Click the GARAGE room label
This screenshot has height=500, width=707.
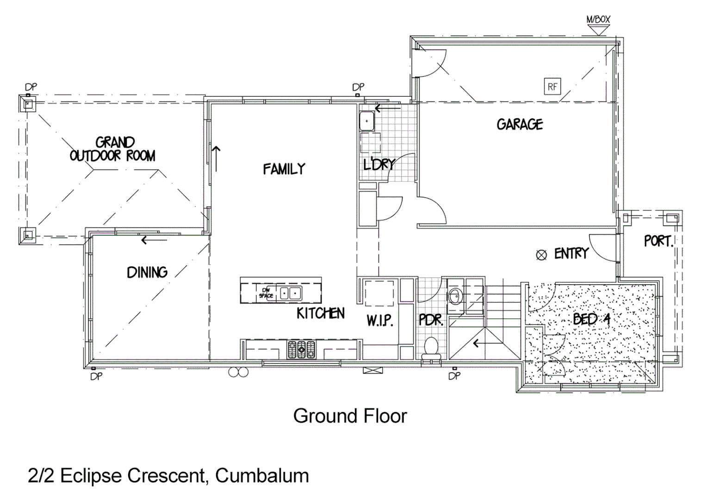(x=520, y=124)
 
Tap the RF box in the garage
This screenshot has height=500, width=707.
(x=552, y=87)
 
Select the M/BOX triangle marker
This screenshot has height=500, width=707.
(x=598, y=30)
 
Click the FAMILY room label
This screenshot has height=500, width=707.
(x=284, y=169)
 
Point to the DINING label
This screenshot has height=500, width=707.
(x=147, y=272)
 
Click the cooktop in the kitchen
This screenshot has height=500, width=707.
(x=301, y=350)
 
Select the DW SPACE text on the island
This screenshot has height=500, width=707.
(x=266, y=293)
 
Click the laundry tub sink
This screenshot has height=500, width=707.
(x=367, y=121)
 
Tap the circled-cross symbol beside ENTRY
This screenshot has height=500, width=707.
(x=541, y=255)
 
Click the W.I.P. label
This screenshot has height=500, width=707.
(x=380, y=320)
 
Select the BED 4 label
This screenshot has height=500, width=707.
(x=591, y=319)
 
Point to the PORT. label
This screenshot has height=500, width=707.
(x=658, y=241)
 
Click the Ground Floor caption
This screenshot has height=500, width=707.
(x=350, y=416)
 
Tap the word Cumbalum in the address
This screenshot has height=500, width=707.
(x=262, y=475)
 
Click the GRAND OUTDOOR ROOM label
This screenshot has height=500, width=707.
(x=113, y=149)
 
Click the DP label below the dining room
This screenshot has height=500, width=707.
(x=96, y=377)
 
